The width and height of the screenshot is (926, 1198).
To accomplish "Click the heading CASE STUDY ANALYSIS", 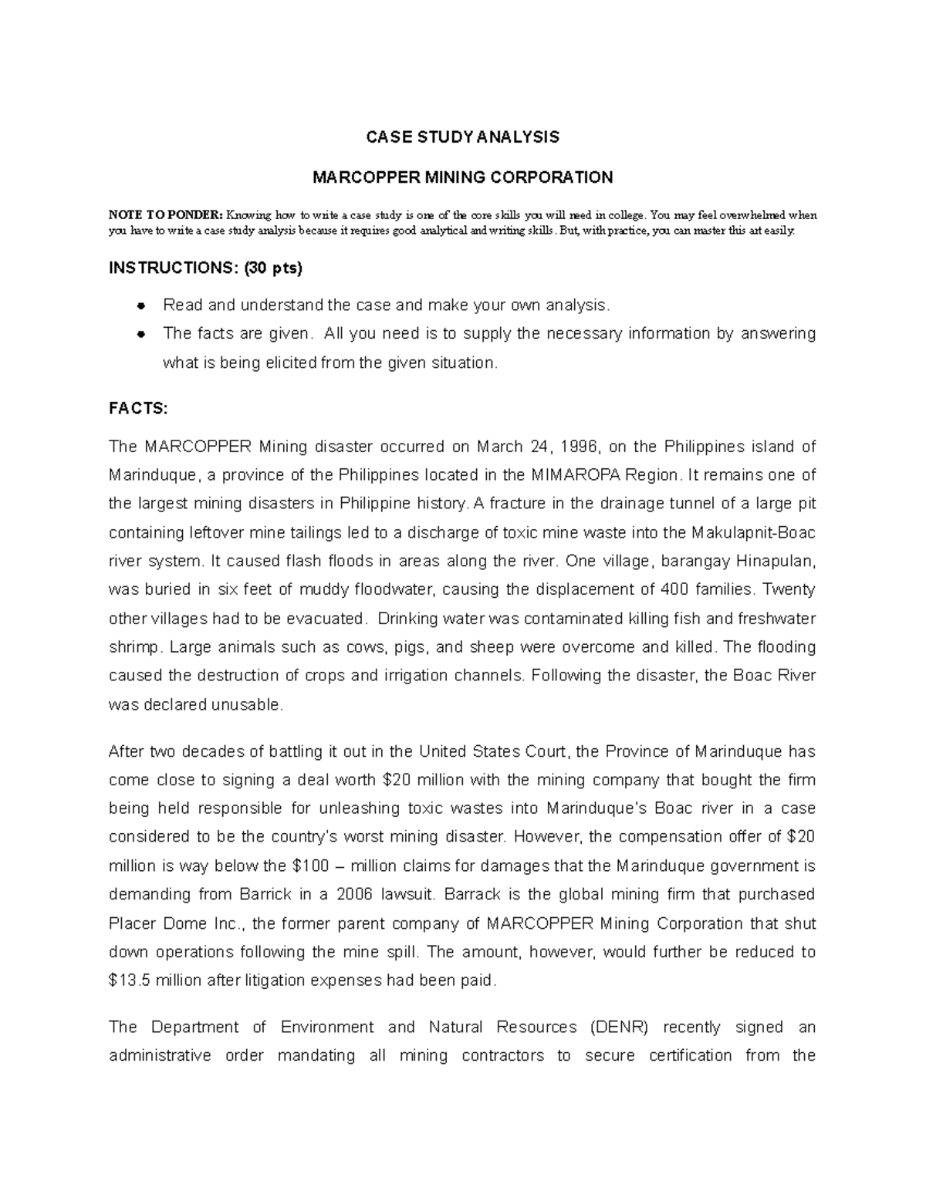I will click(462, 137).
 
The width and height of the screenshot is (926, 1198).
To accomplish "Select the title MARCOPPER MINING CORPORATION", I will click(462, 177).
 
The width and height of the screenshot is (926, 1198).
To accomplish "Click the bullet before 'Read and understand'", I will click(141, 305).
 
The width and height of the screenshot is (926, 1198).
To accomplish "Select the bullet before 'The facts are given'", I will click(141, 334).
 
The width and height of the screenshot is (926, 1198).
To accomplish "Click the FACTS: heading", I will click(137, 410).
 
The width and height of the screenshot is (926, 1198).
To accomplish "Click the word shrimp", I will click(135, 646).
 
